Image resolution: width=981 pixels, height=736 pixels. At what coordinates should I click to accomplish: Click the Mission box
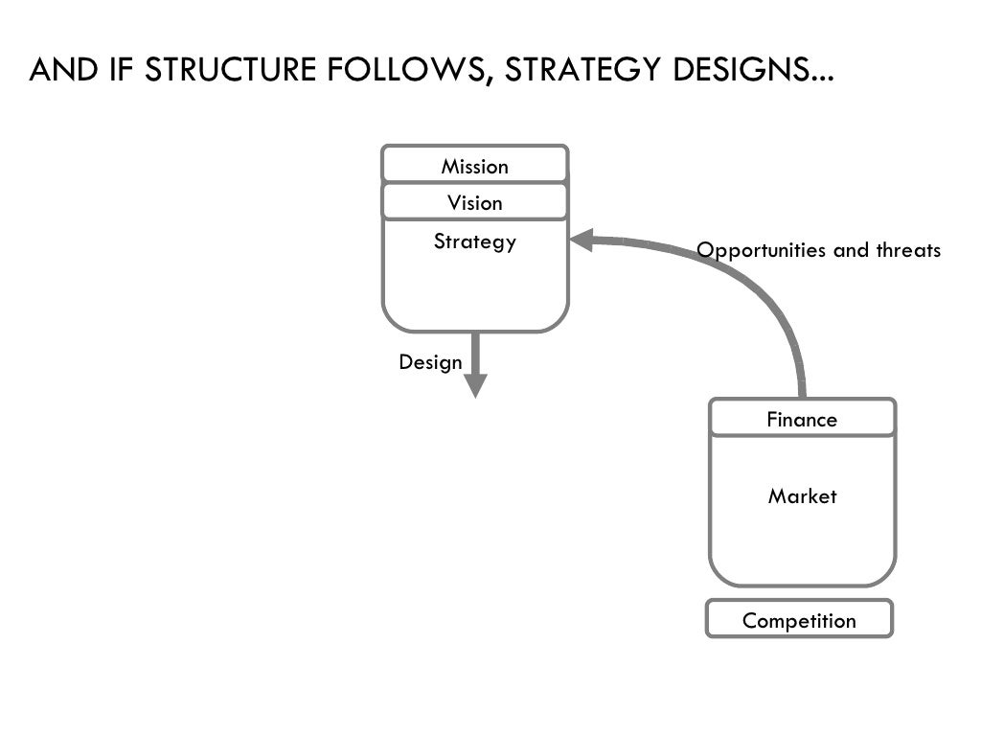474,165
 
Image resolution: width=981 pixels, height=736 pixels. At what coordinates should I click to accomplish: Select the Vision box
474,202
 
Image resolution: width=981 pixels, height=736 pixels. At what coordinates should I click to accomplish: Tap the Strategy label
474,241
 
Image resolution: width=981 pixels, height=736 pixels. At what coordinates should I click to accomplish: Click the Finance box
802,419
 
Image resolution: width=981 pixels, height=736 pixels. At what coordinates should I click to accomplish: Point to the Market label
802,496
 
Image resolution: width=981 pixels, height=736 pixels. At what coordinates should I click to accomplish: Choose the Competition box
799,620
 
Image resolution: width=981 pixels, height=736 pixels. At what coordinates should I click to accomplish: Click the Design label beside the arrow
430,362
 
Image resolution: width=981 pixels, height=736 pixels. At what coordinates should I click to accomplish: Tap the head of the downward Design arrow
475,385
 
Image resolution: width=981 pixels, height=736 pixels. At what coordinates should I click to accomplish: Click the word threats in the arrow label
908,250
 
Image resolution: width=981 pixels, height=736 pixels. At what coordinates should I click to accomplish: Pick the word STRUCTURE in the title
231,71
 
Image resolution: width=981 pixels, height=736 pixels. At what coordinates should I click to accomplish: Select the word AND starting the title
61,71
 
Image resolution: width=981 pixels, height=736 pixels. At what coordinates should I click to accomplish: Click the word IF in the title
118,71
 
